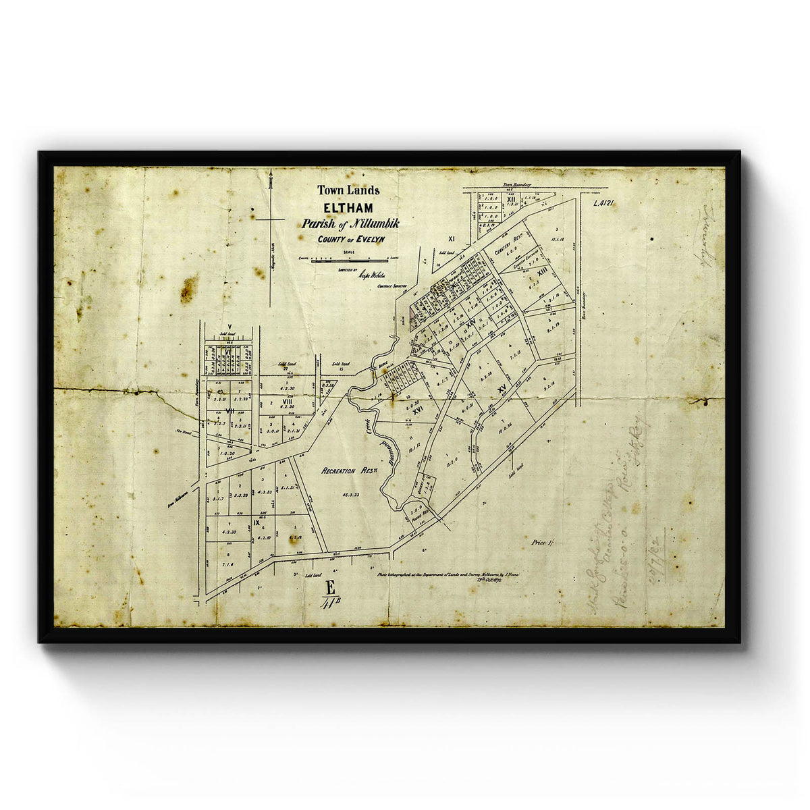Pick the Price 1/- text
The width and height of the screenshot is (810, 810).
(542, 542)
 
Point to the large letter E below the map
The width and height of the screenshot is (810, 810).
(330, 587)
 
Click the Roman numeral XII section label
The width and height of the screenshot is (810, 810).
(512, 200)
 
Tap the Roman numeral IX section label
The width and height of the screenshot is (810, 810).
(256, 522)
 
